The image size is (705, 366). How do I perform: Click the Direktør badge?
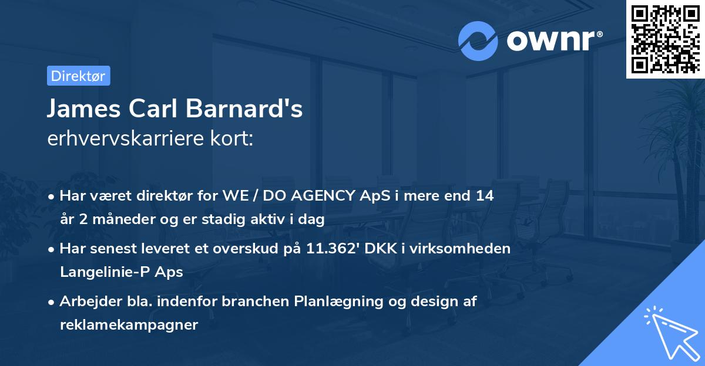click(78, 76)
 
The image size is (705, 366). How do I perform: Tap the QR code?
click(666, 39)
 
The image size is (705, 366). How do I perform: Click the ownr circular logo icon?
click(478, 41)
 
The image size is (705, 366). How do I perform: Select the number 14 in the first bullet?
click(485, 196)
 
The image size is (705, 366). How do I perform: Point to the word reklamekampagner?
click(129, 324)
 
